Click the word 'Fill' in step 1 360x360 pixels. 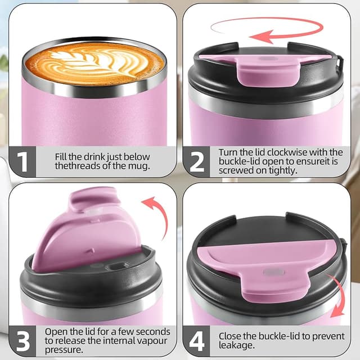[62, 156]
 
